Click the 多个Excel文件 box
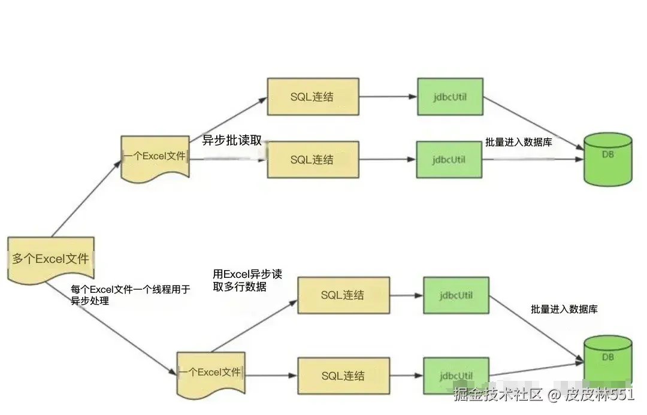point(51,259)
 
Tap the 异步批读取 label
point(232,141)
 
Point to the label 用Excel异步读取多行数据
point(247,280)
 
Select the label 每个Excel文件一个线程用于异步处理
point(130,295)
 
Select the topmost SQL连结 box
point(312,96)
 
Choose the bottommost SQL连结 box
point(343,375)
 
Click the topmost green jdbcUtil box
point(450,96)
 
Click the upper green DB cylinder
point(607,159)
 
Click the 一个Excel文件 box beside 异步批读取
point(155,156)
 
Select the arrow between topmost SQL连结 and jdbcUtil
point(388,96)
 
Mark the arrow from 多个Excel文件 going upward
point(87,198)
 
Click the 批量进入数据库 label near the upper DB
point(518,143)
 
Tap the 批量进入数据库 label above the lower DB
point(564,309)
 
